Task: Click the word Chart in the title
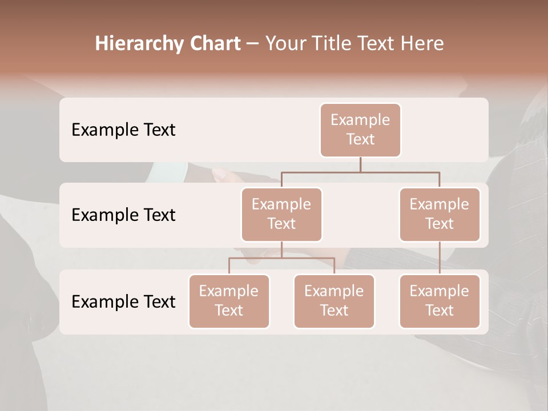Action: click(215, 44)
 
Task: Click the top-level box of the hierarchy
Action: click(360, 130)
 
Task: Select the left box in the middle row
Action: click(281, 214)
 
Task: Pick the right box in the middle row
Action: click(440, 214)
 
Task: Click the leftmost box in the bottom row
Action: click(229, 301)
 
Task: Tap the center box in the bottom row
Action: click(334, 301)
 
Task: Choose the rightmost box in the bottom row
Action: click(440, 301)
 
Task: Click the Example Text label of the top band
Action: click(123, 130)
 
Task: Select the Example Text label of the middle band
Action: click(123, 215)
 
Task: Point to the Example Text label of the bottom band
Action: click(123, 301)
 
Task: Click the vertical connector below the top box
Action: click(360, 164)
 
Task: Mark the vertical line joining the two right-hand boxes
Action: click(440, 258)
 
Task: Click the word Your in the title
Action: click(284, 44)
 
